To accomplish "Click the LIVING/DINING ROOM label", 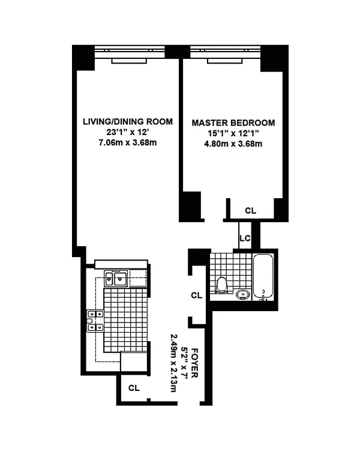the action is [128, 121].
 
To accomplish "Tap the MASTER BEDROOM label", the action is [233, 123].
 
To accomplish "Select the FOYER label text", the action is [194, 363].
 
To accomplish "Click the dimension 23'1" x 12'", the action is [128, 132].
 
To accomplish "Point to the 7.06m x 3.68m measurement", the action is [128, 143].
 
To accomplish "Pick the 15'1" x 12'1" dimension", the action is [233, 133].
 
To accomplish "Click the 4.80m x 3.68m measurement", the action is [233, 144].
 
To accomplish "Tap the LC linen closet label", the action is [245, 238].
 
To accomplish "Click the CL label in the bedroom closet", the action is [250, 211].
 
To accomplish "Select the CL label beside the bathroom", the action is [197, 295].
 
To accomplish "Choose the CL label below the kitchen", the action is [134, 388].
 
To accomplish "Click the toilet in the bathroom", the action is [222, 285].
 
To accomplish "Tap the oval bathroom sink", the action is [243, 294].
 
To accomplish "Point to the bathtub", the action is [263, 276].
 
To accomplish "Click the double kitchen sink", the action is [116, 279].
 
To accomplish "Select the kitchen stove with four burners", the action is [95, 321].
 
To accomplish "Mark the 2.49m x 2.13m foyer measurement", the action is [175, 363].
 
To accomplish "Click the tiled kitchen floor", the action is [125, 319].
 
